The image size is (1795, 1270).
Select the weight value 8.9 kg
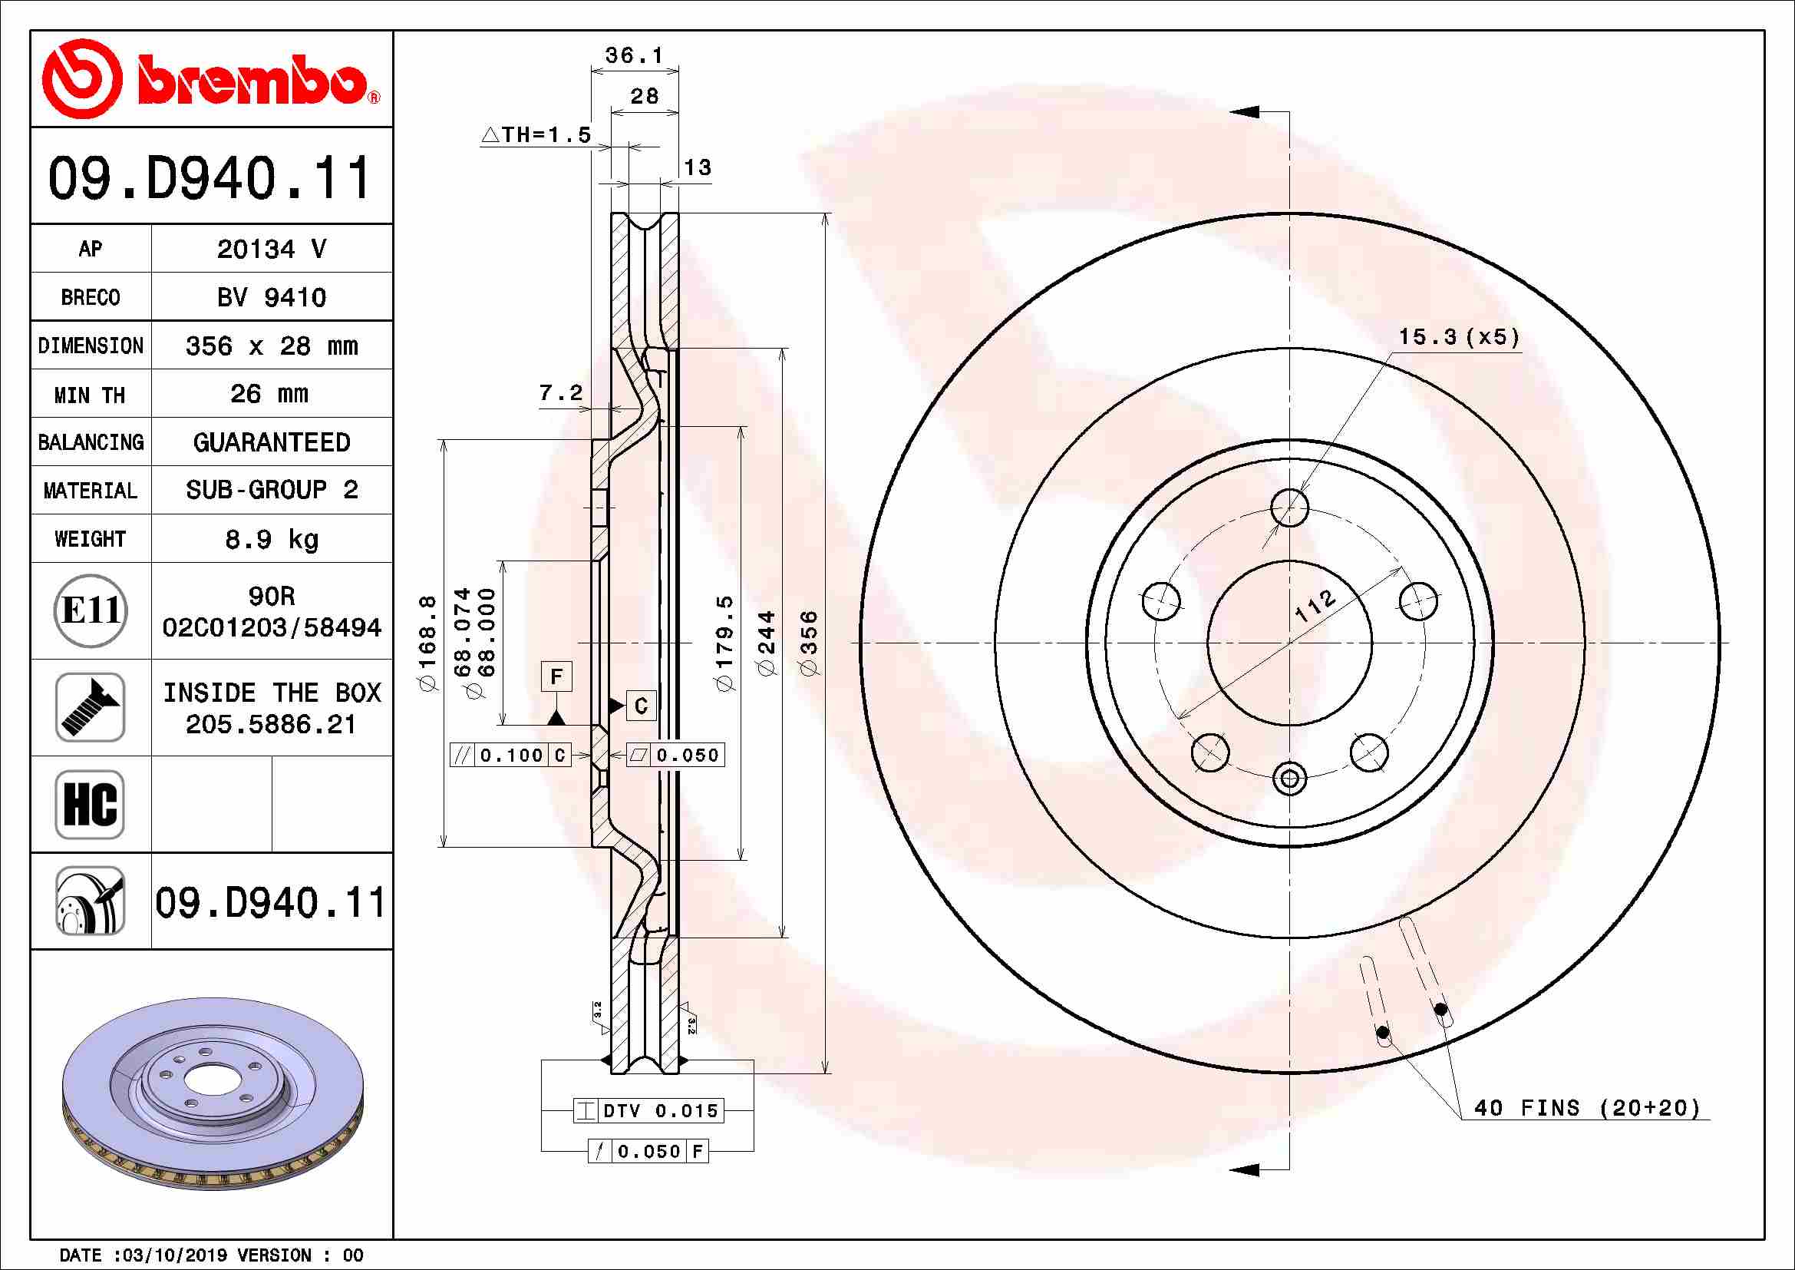271,539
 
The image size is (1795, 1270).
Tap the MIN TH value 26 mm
269,393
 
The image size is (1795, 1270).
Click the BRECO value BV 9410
271,297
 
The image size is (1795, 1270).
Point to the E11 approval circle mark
91,610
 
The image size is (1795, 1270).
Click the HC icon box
91,804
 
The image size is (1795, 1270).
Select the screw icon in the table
91,707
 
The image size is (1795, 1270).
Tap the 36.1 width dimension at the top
634,55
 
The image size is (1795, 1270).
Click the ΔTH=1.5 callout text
536,134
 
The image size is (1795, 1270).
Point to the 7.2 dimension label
560,392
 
